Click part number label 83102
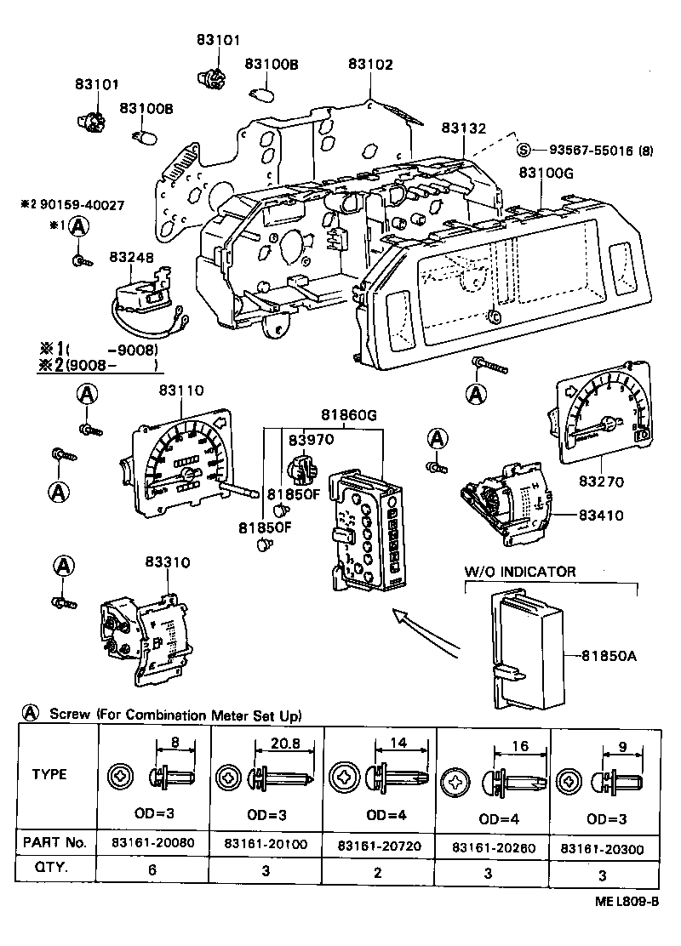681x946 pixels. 371,64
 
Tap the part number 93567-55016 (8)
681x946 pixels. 595,151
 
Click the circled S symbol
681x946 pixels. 524,151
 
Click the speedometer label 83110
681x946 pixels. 180,390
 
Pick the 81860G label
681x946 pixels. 348,415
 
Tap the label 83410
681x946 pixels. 601,516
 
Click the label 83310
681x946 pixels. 167,562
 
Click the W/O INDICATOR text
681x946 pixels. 519,572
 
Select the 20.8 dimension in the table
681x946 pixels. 274,744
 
